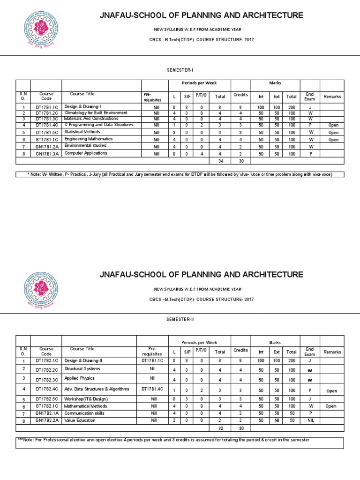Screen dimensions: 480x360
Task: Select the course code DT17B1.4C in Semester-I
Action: (x=46, y=125)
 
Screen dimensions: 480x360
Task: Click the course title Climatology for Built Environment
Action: (x=96, y=113)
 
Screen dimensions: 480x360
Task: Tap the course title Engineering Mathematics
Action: (x=89, y=139)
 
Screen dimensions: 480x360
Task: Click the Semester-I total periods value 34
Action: (x=219, y=160)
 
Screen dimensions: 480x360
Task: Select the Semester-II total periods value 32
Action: (x=219, y=428)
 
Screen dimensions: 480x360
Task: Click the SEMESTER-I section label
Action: (x=180, y=70)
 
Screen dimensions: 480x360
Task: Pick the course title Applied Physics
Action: (x=79, y=378)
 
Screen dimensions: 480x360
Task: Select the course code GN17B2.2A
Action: (x=46, y=421)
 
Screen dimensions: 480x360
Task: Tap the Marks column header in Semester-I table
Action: (x=275, y=83)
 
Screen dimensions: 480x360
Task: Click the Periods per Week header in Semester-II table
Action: (x=199, y=342)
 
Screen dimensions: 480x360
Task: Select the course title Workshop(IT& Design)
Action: (x=86, y=399)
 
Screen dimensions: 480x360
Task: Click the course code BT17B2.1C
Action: (x=46, y=406)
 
